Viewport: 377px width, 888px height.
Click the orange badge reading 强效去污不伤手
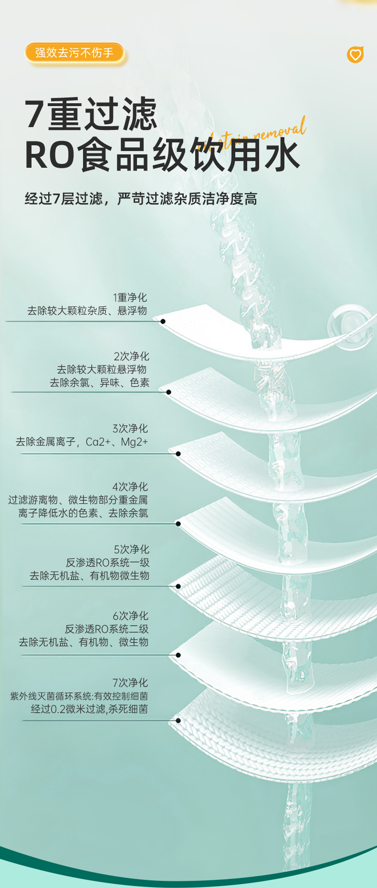tap(74, 53)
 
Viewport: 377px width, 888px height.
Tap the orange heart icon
tap(355, 55)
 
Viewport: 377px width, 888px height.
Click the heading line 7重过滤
tap(91, 114)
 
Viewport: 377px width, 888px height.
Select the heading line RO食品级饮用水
tap(162, 155)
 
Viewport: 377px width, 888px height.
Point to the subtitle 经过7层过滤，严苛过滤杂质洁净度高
tap(141, 198)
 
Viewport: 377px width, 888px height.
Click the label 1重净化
tap(130, 297)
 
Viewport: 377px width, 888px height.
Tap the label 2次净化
tap(131, 356)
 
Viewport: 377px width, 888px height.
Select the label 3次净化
tap(130, 428)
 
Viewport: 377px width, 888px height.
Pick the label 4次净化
tap(130, 487)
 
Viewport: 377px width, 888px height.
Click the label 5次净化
tap(131, 549)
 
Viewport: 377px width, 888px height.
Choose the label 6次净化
tap(130, 616)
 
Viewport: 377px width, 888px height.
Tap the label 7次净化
tap(130, 682)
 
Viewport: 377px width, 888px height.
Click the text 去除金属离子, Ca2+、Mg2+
tap(82, 442)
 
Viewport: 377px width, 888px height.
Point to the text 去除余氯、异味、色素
tap(99, 382)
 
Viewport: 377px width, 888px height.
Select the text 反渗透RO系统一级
tap(107, 563)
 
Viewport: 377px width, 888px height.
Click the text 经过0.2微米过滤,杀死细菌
tap(89, 709)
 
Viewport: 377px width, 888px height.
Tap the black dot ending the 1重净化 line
tap(163, 321)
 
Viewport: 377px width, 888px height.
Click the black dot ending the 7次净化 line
tap(178, 720)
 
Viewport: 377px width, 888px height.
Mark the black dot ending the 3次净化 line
tap(178, 454)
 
